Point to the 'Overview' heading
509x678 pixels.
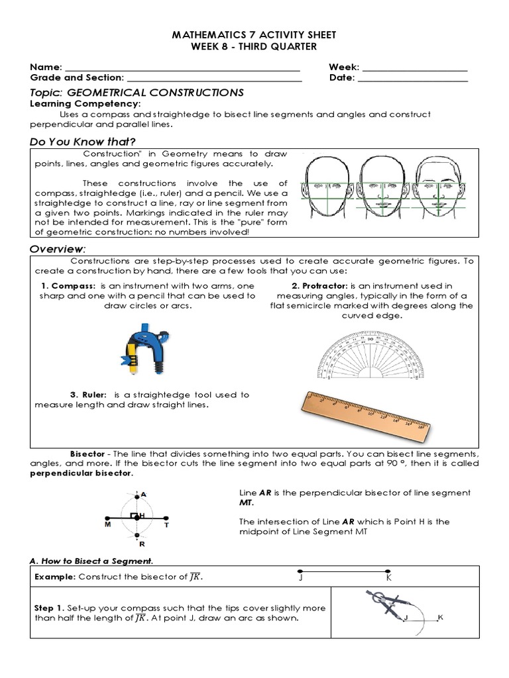58,248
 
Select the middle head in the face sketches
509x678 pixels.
382,185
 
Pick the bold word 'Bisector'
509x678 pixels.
87,454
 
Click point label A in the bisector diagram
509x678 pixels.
143,494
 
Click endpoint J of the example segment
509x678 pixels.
300,571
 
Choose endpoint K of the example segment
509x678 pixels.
389,571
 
